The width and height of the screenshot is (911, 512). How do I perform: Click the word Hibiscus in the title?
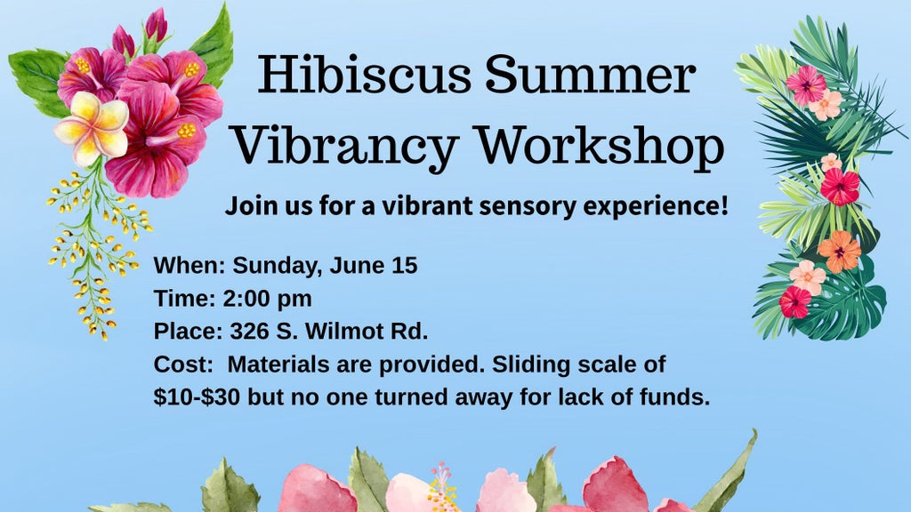coord(364,74)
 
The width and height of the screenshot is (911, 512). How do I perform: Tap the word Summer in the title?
coord(591,75)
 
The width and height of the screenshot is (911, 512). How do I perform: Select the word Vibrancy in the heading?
coord(346,147)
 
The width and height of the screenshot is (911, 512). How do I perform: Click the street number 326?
coord(250,332)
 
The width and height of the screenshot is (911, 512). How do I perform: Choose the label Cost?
coord(183,364)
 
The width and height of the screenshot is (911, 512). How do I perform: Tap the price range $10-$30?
coord(197,397)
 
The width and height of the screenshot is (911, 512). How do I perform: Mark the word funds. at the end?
coord(674,397)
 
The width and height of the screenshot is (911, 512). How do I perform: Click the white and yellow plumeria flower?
coord(92,128)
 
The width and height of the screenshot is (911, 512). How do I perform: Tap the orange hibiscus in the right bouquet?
coord(839,252)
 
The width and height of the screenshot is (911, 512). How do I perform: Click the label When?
coord(189,265)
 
